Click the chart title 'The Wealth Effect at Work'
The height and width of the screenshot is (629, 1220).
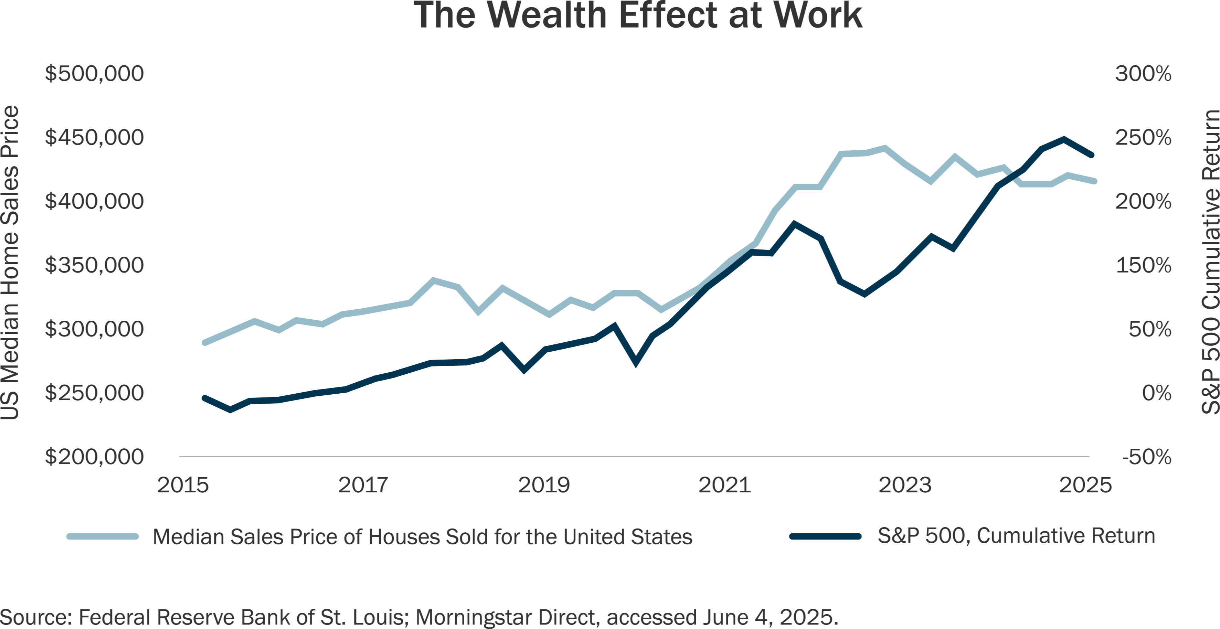637,15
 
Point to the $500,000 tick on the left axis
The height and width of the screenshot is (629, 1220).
94,74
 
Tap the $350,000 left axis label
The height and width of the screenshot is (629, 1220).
94,265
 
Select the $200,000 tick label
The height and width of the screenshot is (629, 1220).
94,457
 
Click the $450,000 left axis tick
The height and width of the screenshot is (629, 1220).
94,138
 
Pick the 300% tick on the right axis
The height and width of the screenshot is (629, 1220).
1143,74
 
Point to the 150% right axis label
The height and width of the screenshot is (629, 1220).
1143,265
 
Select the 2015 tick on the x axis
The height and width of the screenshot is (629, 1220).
183,486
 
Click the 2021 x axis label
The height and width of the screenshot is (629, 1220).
725,486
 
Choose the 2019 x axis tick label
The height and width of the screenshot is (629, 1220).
544,486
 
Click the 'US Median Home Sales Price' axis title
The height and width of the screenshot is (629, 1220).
10,263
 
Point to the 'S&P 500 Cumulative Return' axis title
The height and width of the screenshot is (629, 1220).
1209,263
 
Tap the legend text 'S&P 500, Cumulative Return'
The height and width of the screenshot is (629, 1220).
1016,536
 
